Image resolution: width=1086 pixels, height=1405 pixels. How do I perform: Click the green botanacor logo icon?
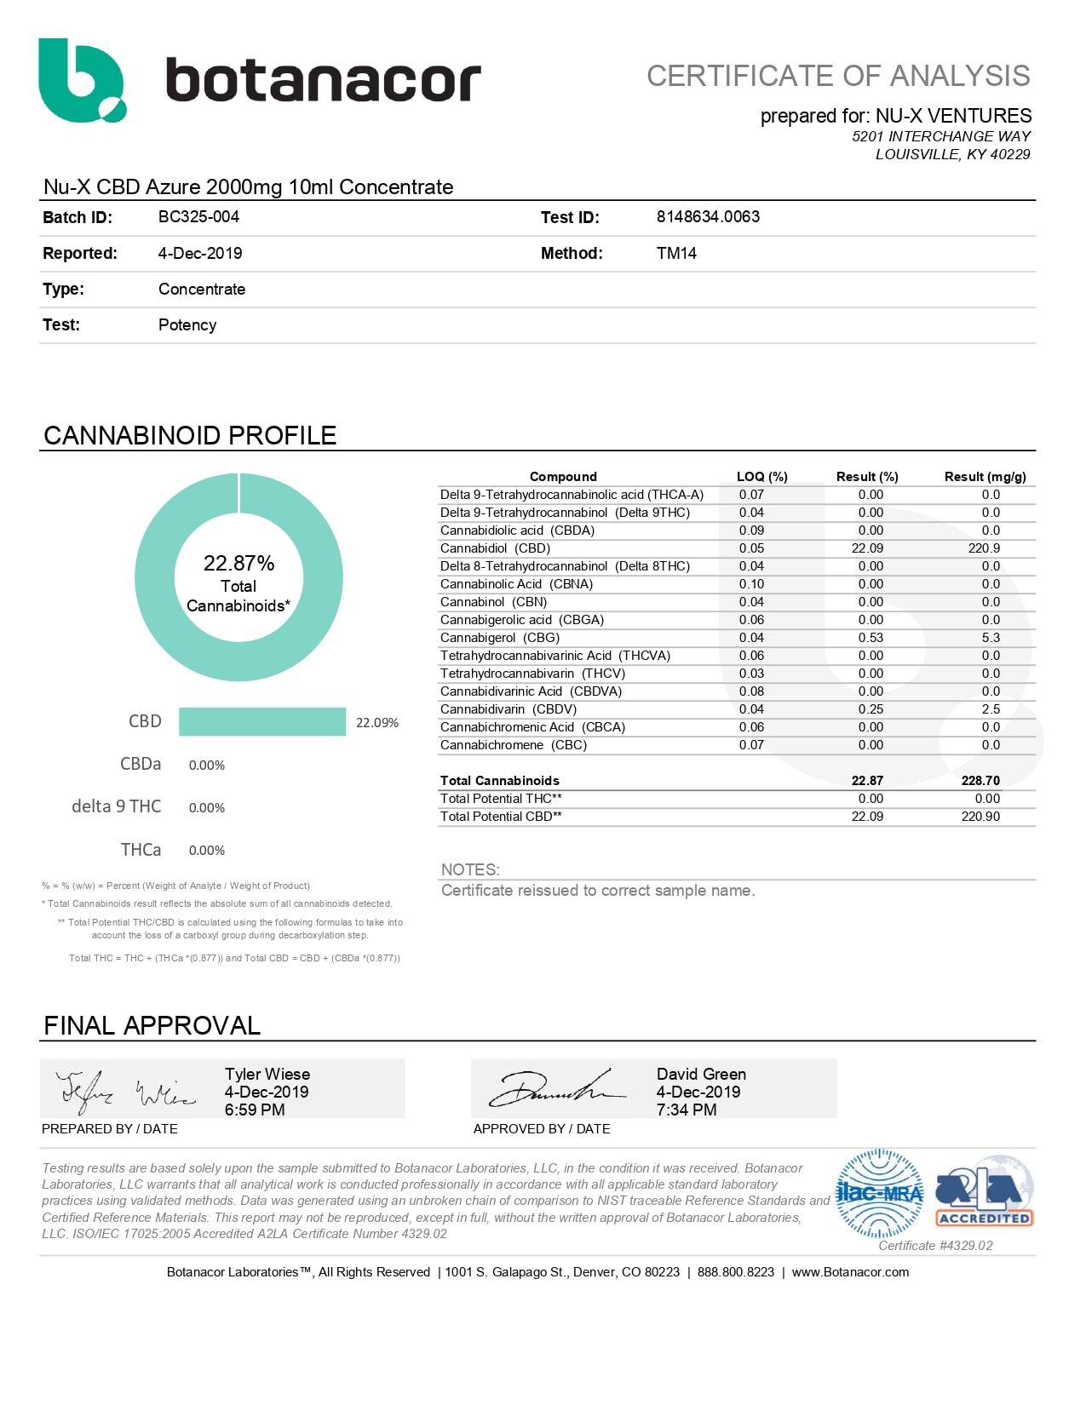coord(82,80)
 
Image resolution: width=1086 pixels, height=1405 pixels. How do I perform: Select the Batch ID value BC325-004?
coord(198,217)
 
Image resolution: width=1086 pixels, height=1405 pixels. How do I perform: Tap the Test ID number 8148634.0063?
coord(708,217)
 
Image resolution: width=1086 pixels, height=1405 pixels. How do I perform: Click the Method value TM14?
coord(676,253)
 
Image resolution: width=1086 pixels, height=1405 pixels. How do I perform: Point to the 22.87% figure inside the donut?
coord(238,564)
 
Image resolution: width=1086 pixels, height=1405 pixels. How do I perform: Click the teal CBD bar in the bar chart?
coord(262,721)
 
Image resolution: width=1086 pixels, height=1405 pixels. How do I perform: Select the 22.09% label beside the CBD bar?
coord(376,723)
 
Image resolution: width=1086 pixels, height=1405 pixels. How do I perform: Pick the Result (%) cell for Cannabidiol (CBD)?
coord(867,548)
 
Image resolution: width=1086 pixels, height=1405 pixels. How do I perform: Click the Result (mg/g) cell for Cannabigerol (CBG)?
coord(991,638)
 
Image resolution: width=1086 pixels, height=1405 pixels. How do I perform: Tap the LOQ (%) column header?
coord(761,477)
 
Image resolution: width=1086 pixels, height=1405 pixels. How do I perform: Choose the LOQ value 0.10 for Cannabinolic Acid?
coord(751,584)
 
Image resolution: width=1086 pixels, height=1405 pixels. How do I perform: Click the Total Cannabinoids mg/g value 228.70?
coord(980,781)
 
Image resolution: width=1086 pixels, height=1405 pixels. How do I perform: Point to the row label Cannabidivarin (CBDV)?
coord(509,709)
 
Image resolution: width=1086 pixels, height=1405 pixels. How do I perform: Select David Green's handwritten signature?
coord(555,1089)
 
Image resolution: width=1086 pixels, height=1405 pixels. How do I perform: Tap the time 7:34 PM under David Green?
coord(687,1110)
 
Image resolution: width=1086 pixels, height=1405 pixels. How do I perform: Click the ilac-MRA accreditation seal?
coord(880,1193)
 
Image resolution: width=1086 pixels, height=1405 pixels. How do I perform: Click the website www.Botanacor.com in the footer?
coord(850,1272)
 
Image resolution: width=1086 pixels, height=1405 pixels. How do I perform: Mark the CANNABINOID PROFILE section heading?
coord(190,436)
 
